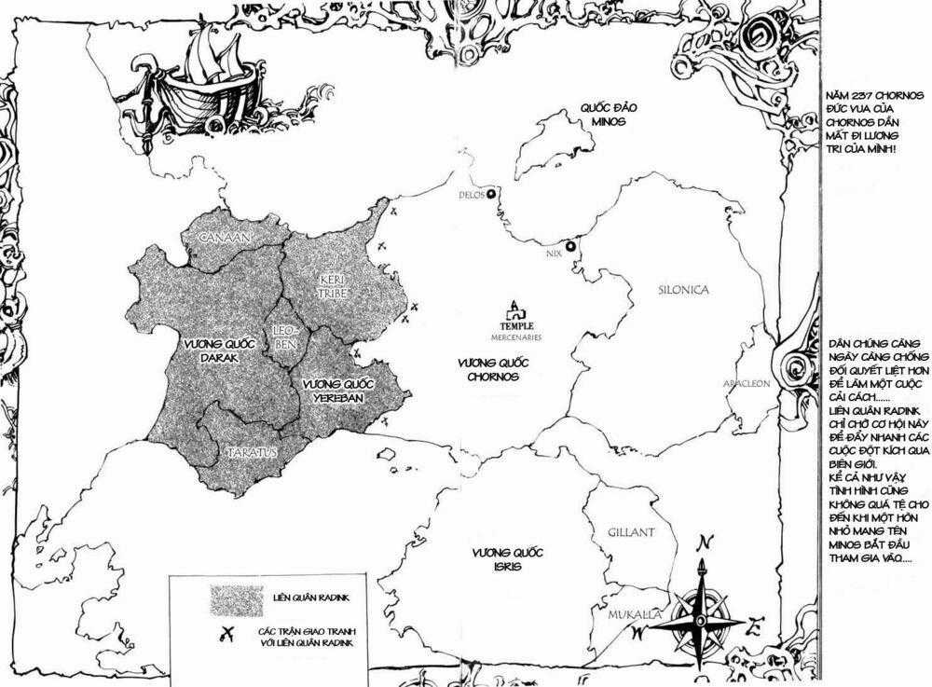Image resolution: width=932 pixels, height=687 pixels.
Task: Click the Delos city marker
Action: tap(491, 194)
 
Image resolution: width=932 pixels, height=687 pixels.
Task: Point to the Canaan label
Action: tap(223, 239)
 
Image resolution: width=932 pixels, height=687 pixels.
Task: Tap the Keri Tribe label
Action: tap(333, 285)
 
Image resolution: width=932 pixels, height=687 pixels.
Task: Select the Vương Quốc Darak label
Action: tap(212, 350)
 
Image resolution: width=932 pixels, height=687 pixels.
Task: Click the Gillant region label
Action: tap(631, 532)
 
